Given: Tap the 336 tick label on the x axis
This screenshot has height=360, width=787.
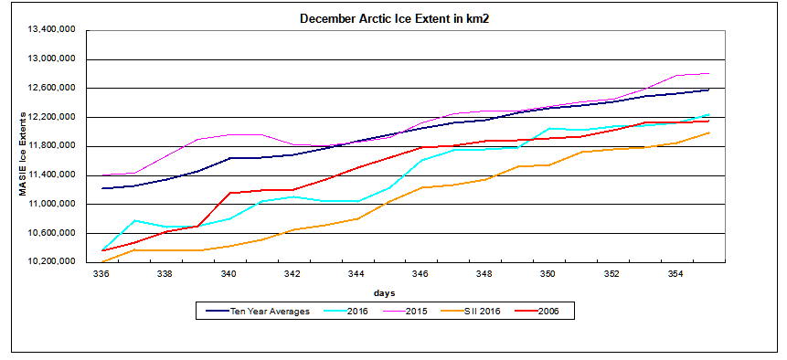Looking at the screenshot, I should point(101,273).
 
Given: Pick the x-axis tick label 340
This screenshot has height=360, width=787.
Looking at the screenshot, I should point(229,273).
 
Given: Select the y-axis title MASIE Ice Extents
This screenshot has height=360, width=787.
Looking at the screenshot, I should point(24,146).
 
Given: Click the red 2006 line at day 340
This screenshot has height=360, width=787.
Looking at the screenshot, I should point(229,193).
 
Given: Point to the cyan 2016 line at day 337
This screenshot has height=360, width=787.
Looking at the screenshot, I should point(134,220).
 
